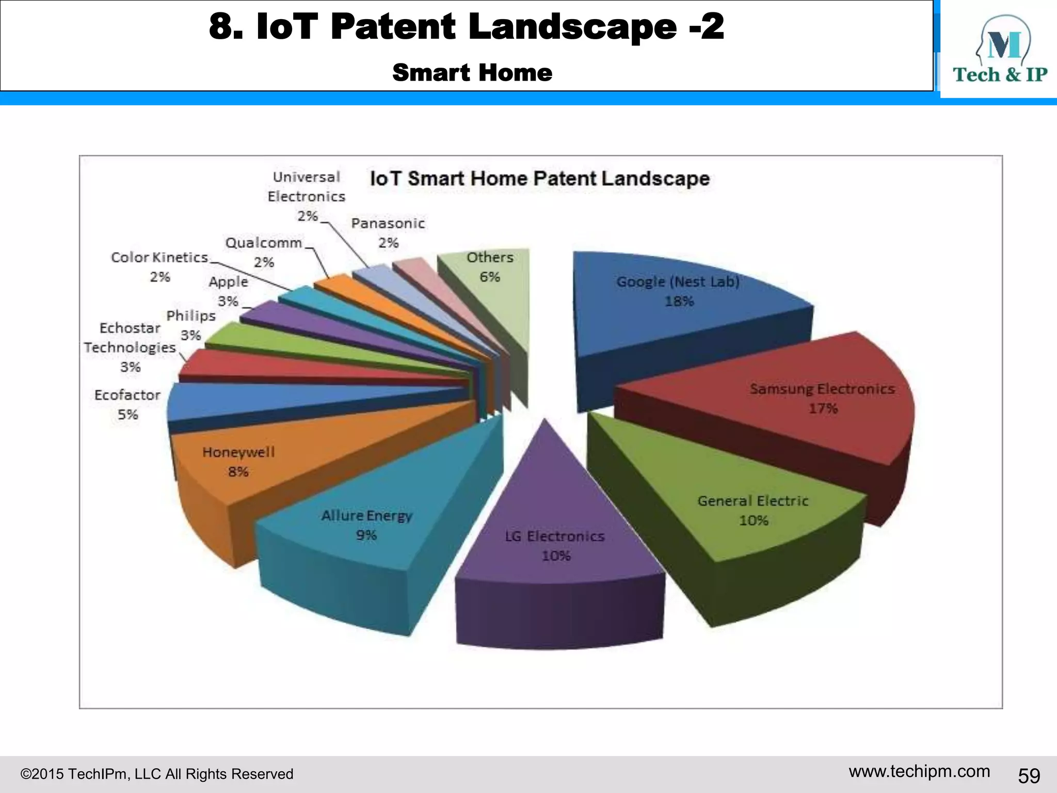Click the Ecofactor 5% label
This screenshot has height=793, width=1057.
(127, 404)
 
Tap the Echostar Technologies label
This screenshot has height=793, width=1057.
(130, 347)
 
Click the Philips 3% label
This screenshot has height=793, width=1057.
(191, 325)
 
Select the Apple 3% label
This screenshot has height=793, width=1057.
(228, 291)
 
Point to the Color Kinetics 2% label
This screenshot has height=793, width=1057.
(159, 266)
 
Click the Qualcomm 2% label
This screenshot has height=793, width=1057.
(264, 252)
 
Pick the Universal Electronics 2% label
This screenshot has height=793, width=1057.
(306, 196)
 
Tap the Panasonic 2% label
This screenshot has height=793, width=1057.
(388, 232)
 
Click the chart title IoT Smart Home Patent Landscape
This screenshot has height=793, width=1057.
(540, 179)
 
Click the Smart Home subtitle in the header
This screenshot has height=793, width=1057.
(472, 72)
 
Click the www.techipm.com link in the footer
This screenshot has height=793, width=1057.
(919, 771)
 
